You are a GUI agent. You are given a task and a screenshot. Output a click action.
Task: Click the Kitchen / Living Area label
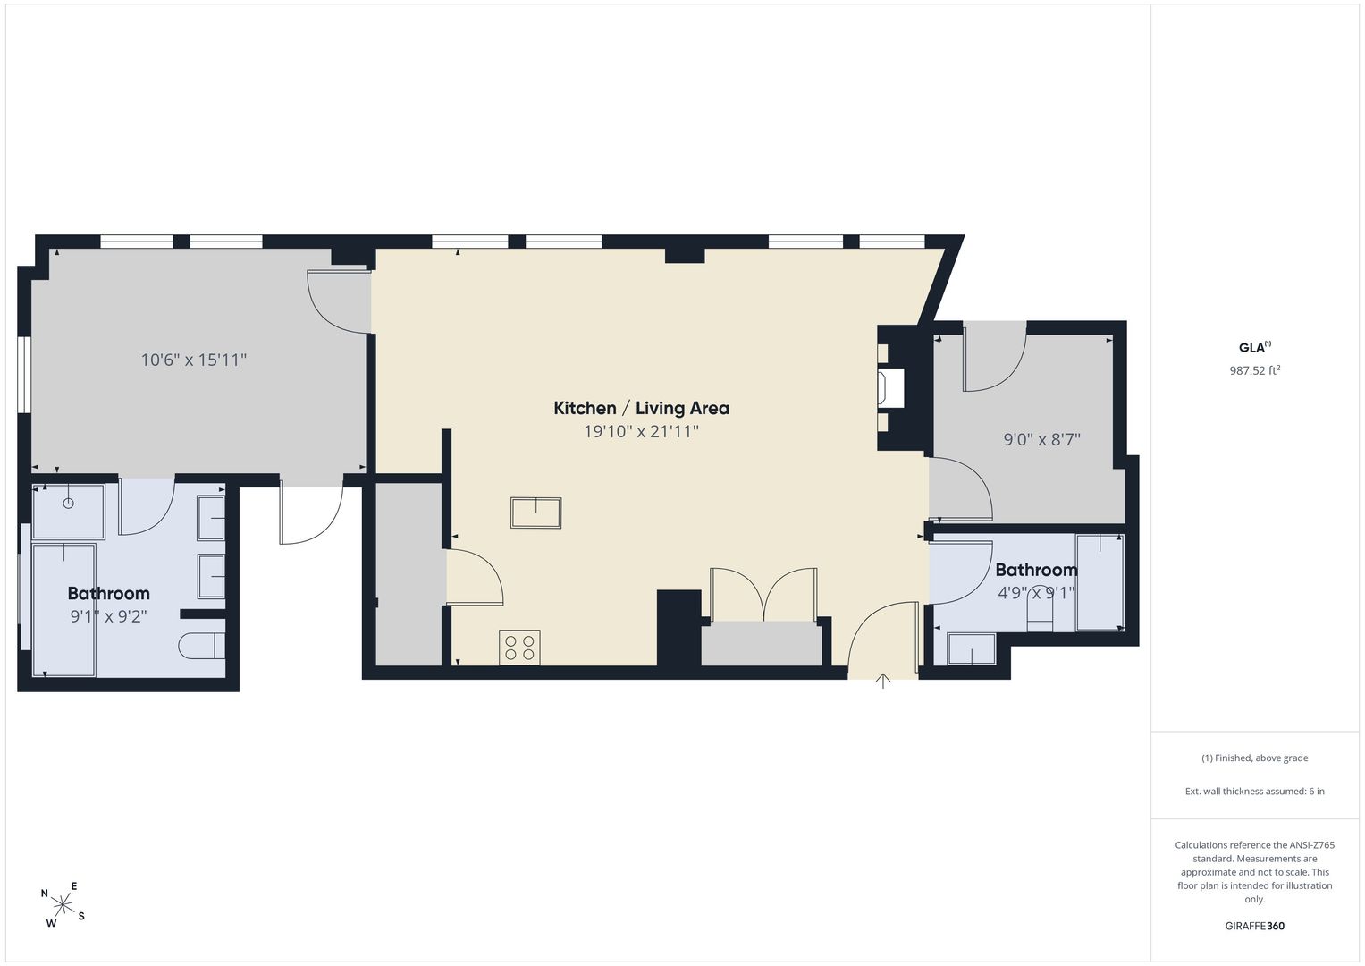tap(641, 408)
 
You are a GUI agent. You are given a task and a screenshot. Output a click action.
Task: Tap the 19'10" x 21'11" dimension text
tap(641, 432)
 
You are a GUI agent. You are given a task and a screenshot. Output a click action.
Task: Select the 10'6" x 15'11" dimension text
tap(194, 360)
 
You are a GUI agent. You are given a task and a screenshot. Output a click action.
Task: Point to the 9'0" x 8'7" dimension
tap(1042, 439)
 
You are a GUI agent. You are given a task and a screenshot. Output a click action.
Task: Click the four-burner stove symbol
tap(519, 648)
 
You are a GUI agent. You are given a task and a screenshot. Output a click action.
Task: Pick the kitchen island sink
tap(535, 513)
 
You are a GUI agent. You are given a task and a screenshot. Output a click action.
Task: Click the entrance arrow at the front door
tap(883, 682)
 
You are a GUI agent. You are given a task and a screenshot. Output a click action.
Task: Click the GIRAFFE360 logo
tap(1255, 926)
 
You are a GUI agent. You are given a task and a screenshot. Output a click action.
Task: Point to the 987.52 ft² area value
tap(1255, 370)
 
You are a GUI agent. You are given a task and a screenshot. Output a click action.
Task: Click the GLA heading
tap(1255, 348)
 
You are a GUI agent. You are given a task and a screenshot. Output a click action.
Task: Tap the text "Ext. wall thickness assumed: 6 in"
tap(1255, 791)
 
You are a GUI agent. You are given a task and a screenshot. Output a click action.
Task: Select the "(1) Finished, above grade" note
tap(1255, 758)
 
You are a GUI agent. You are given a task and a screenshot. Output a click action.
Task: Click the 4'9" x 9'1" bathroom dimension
tap(1036, 593)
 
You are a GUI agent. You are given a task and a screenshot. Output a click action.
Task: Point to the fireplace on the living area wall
tap(889, 388)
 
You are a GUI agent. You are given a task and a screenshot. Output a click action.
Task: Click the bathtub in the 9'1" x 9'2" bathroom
tap(64, 610)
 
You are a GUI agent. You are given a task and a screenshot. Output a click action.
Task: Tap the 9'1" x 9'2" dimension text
tap(108, 616)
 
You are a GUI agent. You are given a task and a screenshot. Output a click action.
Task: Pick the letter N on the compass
tap(45, 894)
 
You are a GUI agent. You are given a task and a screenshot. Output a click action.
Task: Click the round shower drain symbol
tap(69, 503)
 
